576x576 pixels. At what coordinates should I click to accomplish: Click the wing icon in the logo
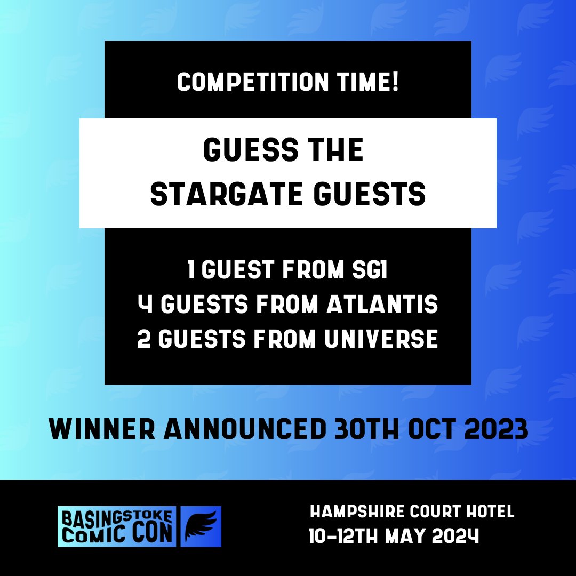click(201, 526)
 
